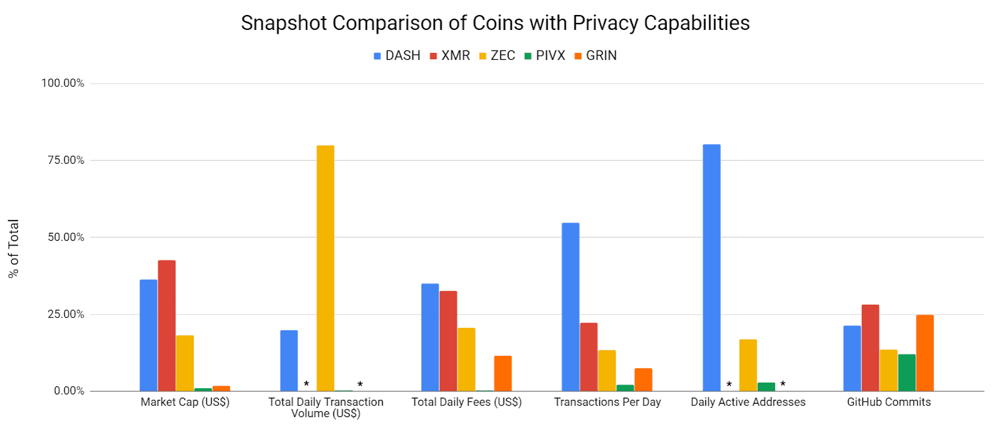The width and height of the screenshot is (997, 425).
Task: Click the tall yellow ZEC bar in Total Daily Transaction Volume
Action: point(325,268)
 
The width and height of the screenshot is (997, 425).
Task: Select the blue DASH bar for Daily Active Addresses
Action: point(711,268)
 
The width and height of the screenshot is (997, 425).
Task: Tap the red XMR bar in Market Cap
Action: point(166,325)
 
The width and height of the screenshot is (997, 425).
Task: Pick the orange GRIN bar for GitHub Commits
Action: point(925,353)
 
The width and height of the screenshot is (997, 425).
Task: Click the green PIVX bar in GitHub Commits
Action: point(907,373)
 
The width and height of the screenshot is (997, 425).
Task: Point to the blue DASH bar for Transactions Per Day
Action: point(570,307)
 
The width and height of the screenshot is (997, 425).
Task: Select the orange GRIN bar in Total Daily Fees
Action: point(503,373)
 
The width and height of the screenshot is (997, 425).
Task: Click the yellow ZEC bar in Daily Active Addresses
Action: point(748,365)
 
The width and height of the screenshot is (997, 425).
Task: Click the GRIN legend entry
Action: point(595,55)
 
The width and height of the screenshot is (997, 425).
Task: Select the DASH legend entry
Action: point(397,55)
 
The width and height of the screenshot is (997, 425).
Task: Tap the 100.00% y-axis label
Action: point(62,83)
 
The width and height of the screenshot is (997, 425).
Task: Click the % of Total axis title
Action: point(14,249)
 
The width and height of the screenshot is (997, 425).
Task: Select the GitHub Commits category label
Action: point(889,402)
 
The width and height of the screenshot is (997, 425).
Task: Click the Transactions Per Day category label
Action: point(607,402)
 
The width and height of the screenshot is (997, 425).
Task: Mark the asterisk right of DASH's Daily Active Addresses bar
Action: point(729,384)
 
